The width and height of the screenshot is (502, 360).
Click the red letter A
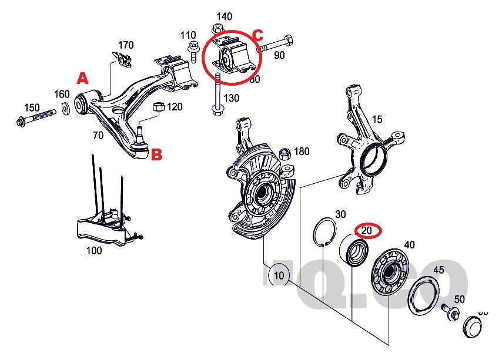coord(83,78)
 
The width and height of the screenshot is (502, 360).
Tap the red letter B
coord(157,155)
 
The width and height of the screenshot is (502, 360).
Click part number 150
coord(31,107)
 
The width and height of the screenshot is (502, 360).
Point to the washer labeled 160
coord(65,109)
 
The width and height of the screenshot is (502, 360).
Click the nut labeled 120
coord(158,107)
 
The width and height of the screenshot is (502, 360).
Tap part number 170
coord(126,45)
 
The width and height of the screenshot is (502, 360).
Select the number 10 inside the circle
coord(279,274)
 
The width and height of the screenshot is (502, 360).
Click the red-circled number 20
coord(366,231)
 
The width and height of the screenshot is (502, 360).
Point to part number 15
coord(377,119)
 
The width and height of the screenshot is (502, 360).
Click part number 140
coord(225,16)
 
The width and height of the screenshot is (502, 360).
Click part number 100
coord(94,250)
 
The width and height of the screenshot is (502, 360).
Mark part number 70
coord(98,135)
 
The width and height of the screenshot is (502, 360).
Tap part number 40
coord(409,244)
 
